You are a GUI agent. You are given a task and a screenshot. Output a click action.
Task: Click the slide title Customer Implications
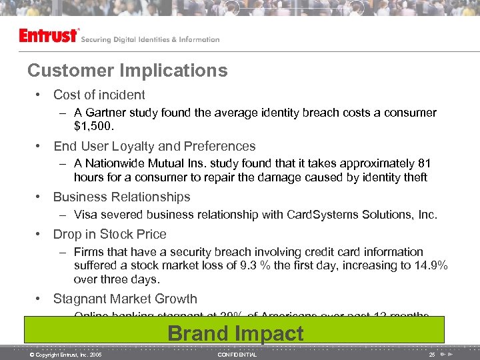pos(127,71)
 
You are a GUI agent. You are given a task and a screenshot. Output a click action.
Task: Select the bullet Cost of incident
pos(99,95)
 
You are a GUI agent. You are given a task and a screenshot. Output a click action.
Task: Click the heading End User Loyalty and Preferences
pos(154,146)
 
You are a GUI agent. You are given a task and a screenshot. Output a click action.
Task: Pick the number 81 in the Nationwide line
pos(423,163)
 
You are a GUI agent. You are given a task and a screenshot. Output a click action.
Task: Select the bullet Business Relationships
pos(121,197)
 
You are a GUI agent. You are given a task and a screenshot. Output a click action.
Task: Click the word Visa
pos(87,215)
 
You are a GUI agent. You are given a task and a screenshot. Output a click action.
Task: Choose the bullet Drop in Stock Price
pos(109,234)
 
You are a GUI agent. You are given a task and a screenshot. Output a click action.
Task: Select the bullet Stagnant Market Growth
pos(125,299)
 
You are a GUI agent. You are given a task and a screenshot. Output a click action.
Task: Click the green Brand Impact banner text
pos(235,333)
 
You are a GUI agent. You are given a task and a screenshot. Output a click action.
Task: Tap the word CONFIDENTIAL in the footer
pos(237,355)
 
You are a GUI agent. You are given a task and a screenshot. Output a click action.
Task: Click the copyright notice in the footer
pos(65,355)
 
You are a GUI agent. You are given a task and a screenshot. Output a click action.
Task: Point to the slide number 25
pos(432,355)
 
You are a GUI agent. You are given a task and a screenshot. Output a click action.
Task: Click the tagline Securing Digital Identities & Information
pos(150,39)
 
